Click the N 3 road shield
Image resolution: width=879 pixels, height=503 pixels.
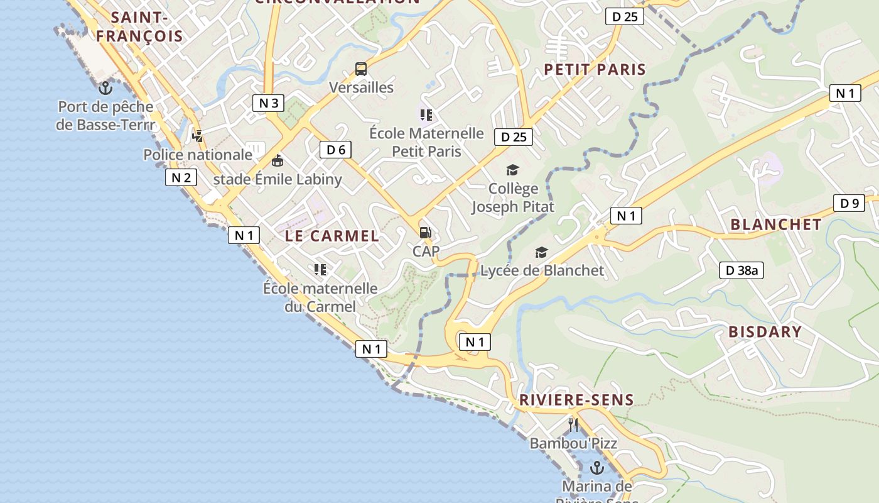click(268, 103)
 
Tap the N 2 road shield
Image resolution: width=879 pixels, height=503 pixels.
click(181, 177)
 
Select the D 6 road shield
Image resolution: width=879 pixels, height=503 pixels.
click(336, 150)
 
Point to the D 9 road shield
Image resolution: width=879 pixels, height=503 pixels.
click(849, 203)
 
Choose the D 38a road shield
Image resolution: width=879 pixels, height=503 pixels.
click(741, 270)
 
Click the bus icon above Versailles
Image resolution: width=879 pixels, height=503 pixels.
click(360, 69)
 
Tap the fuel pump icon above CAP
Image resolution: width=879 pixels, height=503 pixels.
click(425, 233)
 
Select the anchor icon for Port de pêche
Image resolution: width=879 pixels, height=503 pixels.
click(105, 87)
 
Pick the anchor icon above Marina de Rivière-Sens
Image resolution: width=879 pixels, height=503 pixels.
click(597, 467)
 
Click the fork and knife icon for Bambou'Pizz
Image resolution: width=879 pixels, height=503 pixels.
click(573, 424)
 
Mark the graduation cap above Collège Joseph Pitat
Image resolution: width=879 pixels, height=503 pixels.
click(513, 170)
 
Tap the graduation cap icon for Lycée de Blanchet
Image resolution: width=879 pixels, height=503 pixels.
click(541, 252)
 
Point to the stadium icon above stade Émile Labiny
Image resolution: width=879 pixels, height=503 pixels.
click(277, 160)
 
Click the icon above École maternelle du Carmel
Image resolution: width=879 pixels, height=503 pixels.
click(320, 270)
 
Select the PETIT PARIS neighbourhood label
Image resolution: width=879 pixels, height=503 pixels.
click(595, 69)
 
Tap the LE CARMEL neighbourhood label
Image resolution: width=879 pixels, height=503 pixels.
click(332, 236)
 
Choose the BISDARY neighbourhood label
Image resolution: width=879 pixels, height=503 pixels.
click(765, 331)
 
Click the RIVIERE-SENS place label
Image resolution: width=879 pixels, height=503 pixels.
click(576, 399)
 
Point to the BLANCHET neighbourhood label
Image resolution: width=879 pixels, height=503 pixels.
click(776, 224)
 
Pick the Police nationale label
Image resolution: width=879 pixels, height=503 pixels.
click(198, 155)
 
